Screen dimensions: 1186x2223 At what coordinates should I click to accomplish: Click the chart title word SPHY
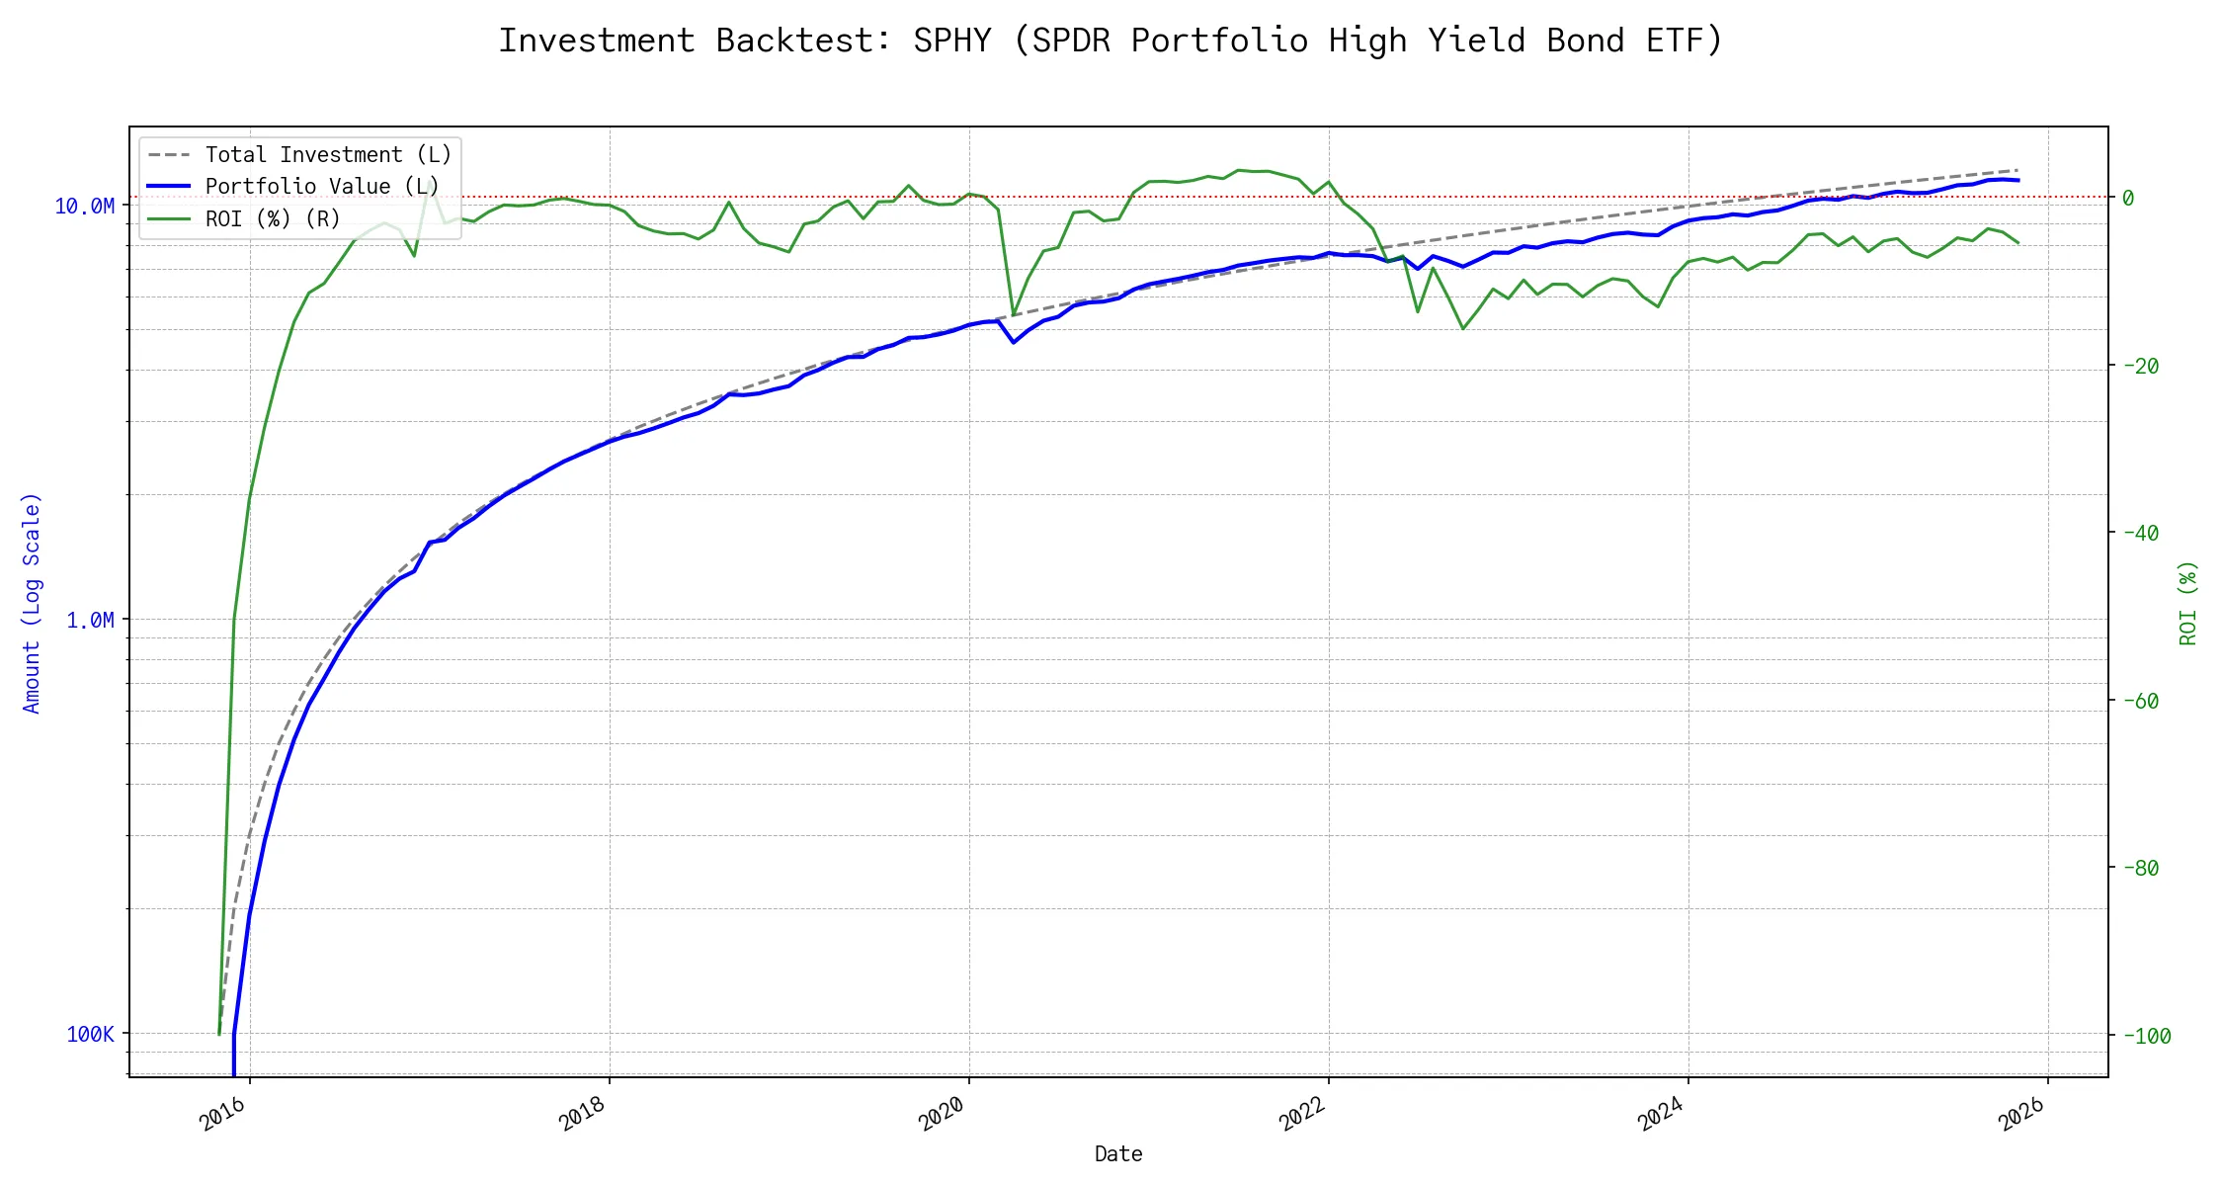point(951,41)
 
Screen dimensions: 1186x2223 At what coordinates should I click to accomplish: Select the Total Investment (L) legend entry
point(327,155)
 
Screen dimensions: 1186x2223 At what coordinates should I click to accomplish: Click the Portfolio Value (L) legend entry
point(321,187)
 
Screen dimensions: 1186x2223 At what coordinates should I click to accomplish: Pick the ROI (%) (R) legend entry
point(272,219)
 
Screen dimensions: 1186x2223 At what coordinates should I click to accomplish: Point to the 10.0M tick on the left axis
point(85,207)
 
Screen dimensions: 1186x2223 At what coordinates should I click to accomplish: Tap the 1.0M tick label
point(90,621)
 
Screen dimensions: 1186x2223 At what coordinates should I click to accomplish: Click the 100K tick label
point(90,1035)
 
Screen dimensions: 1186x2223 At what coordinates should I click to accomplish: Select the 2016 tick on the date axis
point(223,1115)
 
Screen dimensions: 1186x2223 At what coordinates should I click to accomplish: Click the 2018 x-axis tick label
point(583,1115)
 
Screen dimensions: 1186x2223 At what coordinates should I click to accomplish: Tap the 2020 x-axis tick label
point(943,1115)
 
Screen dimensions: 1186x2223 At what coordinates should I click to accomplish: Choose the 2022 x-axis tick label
point(1302,1115)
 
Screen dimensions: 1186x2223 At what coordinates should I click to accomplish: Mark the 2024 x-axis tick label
point(1662,1115)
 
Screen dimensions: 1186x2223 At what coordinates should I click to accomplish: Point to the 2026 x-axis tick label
point(2021,1115)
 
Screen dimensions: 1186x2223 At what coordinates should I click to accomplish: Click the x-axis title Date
point(1118,1154)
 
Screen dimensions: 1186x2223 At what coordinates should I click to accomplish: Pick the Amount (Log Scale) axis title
point(32,603)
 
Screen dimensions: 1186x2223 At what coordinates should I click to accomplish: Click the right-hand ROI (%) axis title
point(2188,603)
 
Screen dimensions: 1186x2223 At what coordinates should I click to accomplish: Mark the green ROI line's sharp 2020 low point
point(1014,315)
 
